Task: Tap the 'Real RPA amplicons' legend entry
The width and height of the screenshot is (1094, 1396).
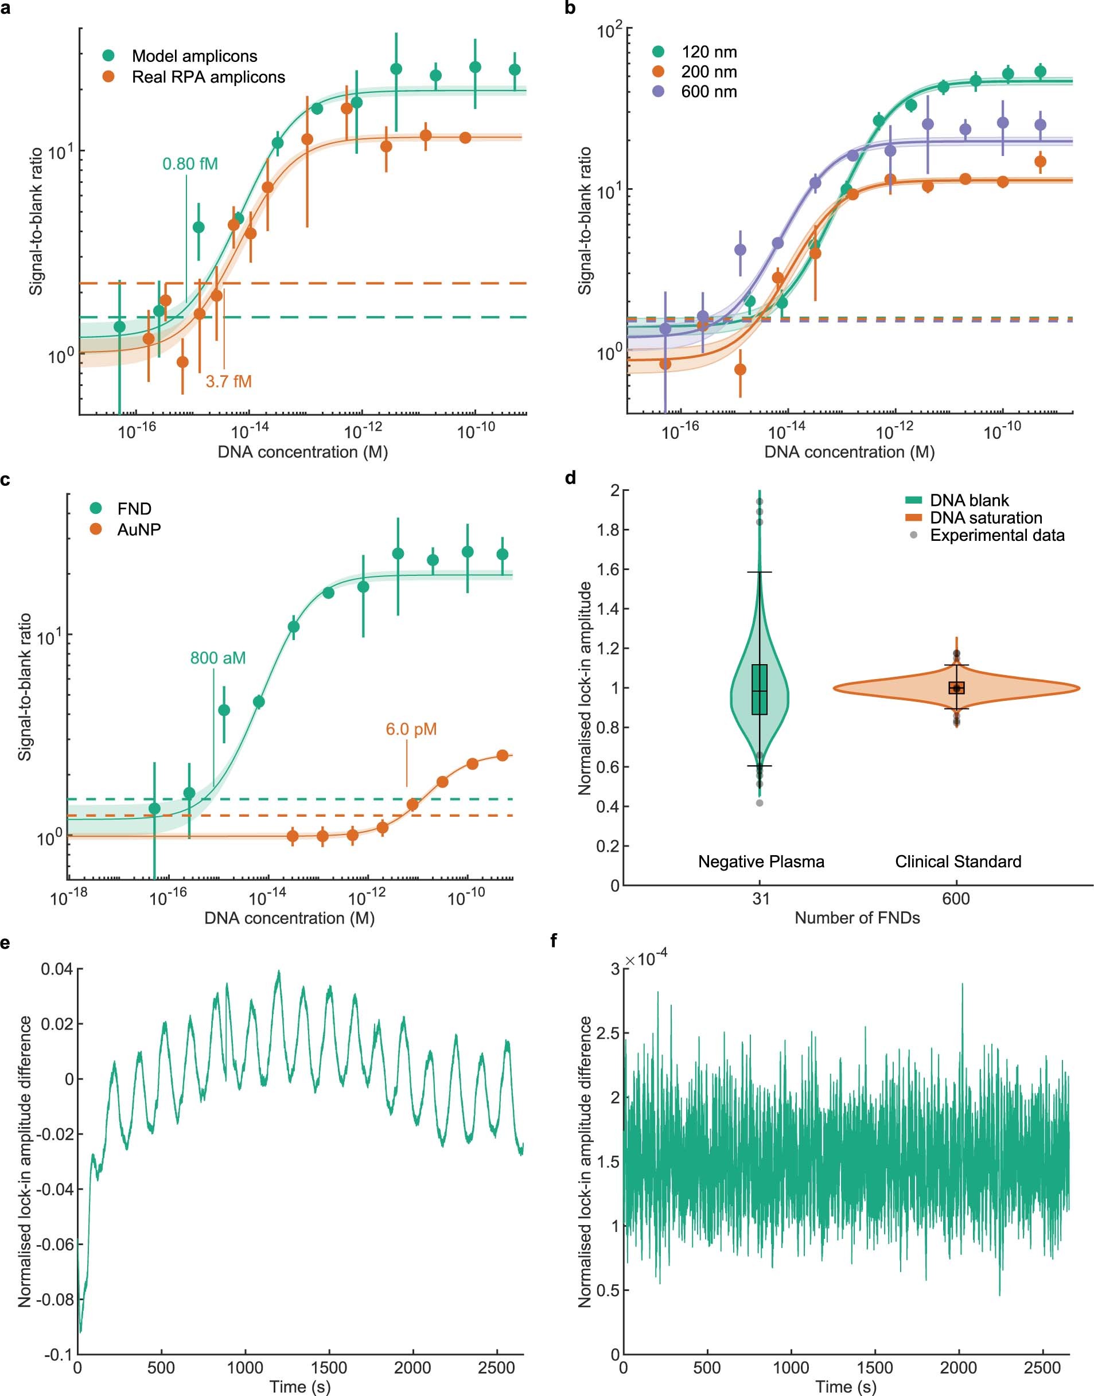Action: pos(208,77)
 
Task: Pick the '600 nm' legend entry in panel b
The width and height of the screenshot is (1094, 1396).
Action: pos(708,92)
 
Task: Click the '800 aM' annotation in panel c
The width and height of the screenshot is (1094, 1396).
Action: pos(218,658)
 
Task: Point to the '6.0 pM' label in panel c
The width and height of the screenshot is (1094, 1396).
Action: pos(411,729)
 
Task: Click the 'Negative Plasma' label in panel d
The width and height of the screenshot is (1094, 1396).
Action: pos(760,861)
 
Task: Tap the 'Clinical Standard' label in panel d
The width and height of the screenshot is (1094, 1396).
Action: pos(957,861)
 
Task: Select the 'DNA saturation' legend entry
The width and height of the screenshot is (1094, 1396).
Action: pos(986,517)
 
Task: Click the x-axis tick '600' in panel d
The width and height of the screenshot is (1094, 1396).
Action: pos(956,899)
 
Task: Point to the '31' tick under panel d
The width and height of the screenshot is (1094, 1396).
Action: pos(760,899)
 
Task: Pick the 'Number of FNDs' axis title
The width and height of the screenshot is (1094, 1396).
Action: pos(857,918)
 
